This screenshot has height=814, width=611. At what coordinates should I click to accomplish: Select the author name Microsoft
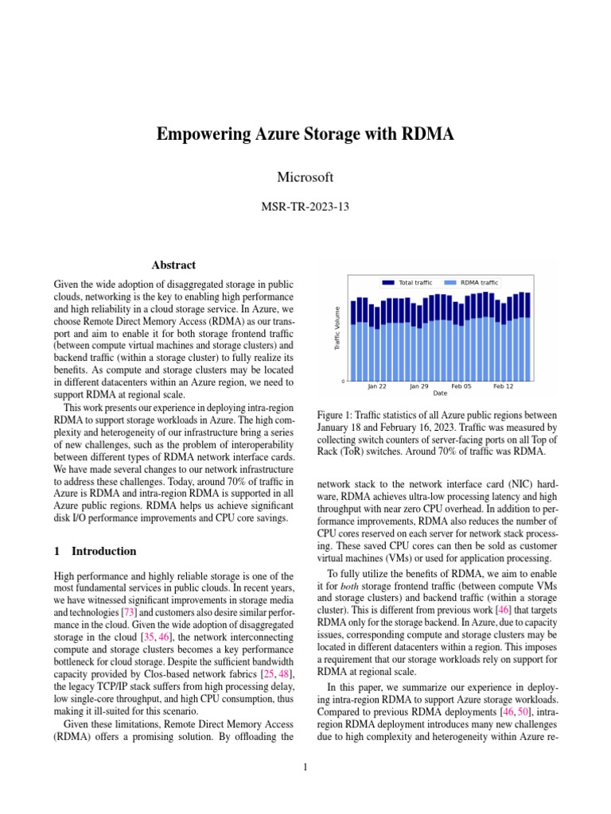[305, 176]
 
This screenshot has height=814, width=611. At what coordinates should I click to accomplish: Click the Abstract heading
[173, 265]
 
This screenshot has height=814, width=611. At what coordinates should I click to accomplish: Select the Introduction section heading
[103, 551]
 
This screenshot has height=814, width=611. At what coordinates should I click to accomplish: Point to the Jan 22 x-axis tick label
[377, 386]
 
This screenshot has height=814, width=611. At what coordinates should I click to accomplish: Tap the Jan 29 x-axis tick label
[419, 386]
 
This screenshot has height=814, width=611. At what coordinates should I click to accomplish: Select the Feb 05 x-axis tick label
[461, 386]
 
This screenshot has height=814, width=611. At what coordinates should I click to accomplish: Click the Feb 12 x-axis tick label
[504, 386]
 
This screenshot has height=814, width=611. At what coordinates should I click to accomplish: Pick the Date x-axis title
[440, 393]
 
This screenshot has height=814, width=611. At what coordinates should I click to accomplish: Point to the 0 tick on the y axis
[343, 382]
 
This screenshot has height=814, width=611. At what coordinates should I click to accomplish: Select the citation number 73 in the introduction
[128, 612]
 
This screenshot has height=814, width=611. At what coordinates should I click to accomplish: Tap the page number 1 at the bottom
[305, 767]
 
